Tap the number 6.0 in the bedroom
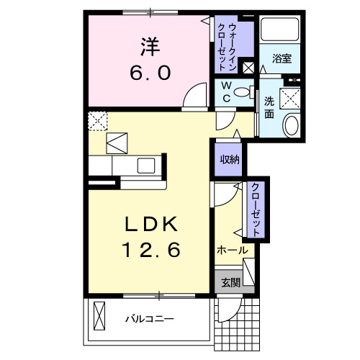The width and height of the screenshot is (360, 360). [x=150, y=74]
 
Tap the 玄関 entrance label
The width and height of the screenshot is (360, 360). [x=230, y=282]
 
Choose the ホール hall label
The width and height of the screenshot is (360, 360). [x=232, y=251]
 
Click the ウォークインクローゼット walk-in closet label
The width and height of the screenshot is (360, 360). [x=232, y=45]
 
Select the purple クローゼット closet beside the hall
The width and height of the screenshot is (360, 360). [x=254, y=209]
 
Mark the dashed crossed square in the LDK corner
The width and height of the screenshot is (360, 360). [x=97, y=120]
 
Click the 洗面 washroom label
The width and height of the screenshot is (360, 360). [x=269, y=107]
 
